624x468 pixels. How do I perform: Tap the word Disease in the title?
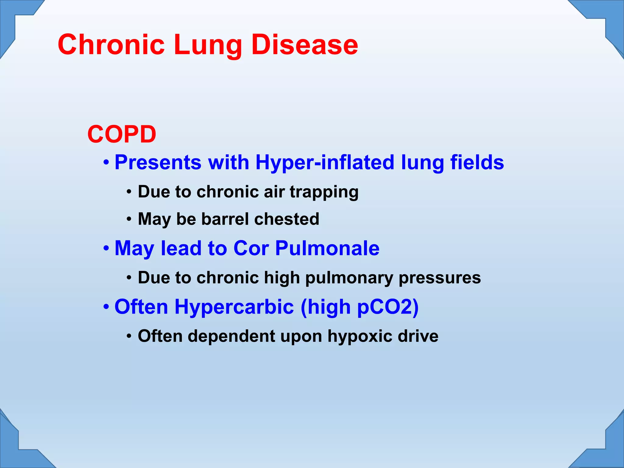305,45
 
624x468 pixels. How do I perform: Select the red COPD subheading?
122,134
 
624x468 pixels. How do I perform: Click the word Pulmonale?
328,248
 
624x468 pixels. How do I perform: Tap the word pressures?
440,278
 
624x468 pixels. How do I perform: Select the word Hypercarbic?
234,307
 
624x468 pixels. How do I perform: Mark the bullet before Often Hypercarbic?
106,307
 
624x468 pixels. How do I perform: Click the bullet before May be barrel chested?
129,219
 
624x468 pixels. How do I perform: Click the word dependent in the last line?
232,336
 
